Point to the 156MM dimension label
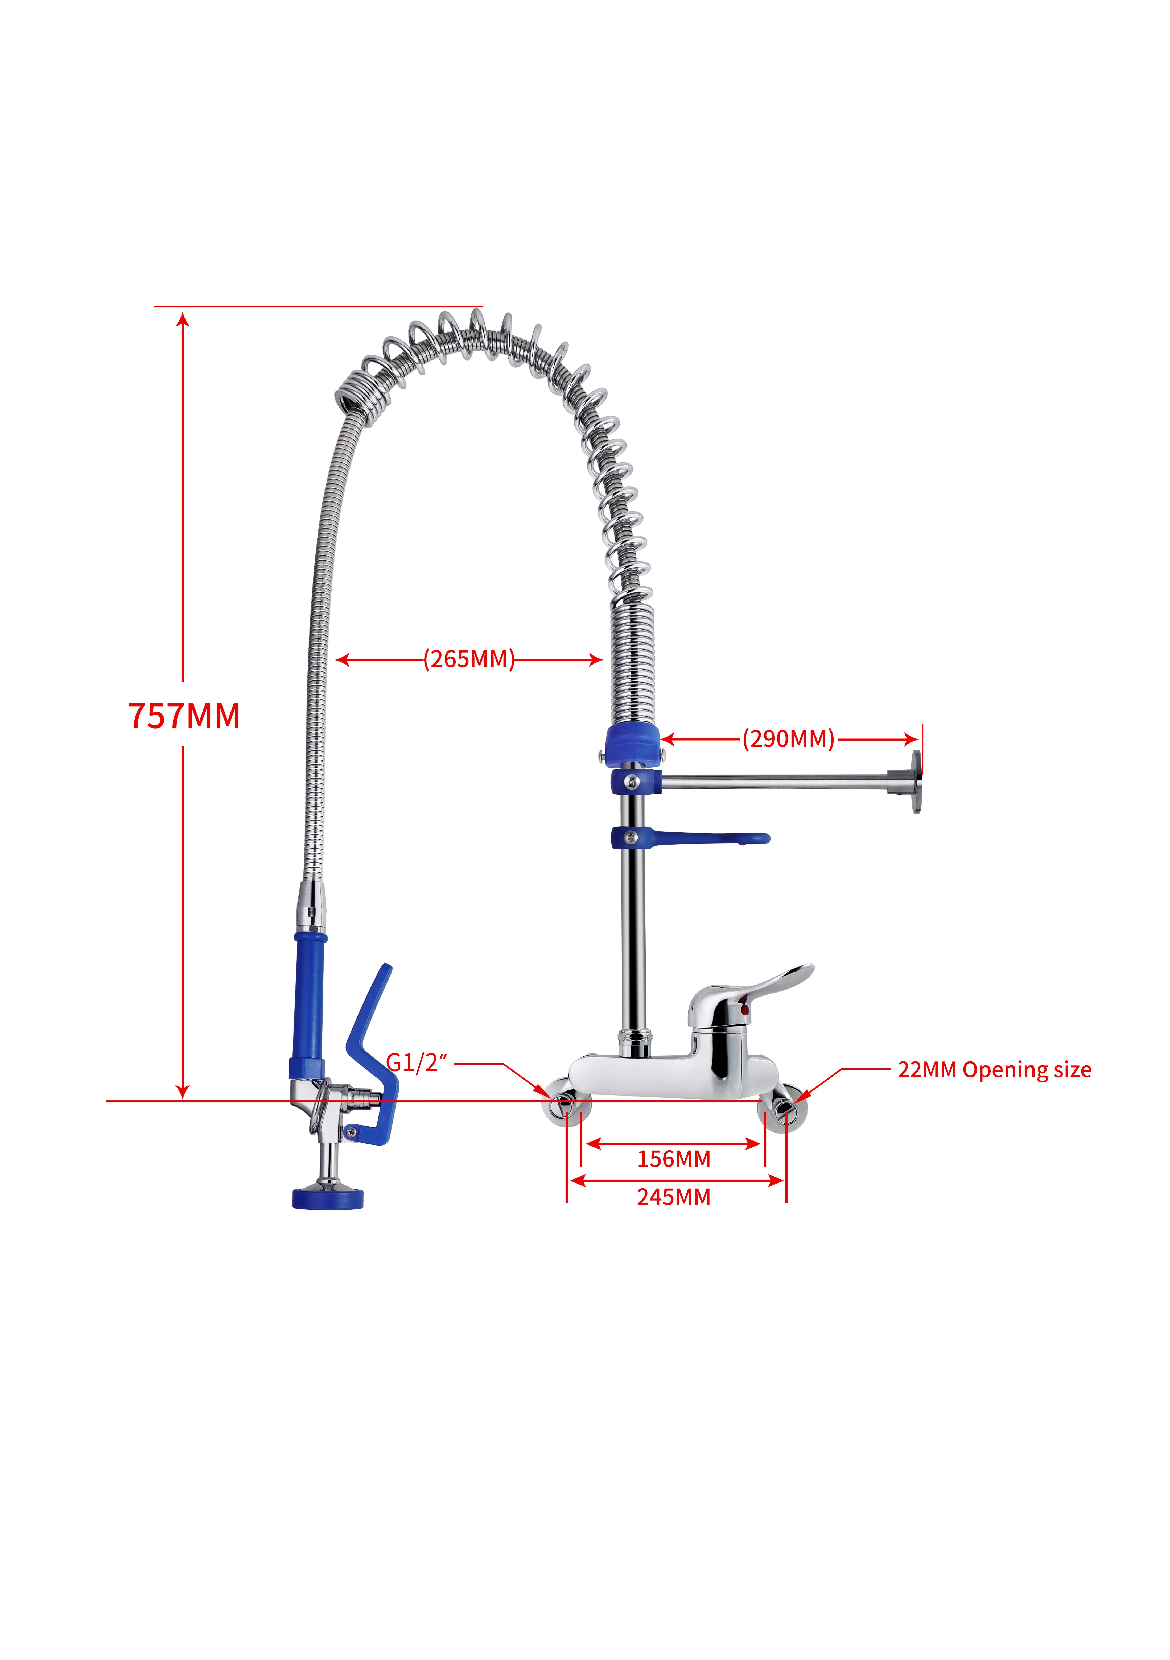(x=673, y=1159)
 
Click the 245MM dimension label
(x=673, y=1197)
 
